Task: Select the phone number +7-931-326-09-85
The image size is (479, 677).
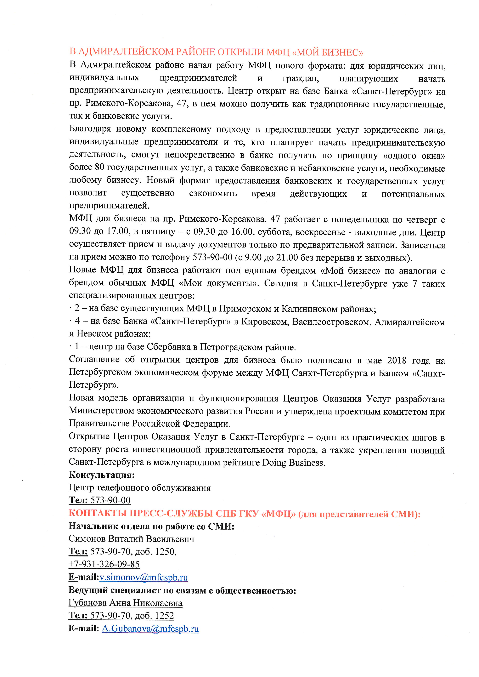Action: click(x=104, y=564)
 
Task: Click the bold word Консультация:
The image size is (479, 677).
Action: click(x=101, y=475)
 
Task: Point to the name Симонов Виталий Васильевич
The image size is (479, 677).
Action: click(x=131, y=539)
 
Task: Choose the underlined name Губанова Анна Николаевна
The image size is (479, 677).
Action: click(x=125, y=603)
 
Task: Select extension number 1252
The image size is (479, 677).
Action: click(x=164, y=616)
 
